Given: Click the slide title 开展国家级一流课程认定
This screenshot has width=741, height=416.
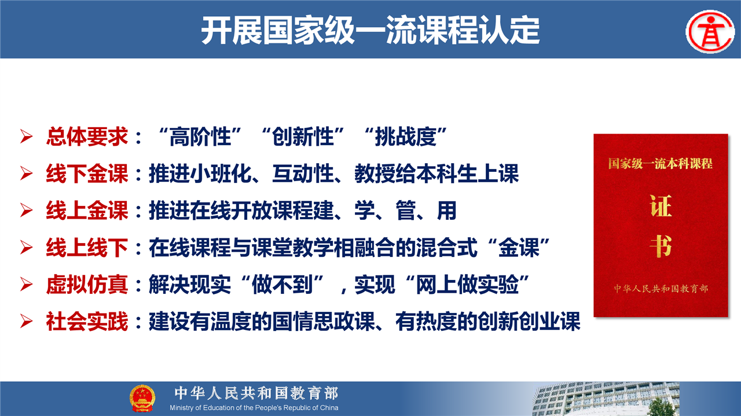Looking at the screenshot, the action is (370, 30).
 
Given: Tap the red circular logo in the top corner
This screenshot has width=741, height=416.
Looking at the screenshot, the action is (710, 32).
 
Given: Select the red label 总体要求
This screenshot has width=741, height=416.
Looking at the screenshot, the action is (87, 137).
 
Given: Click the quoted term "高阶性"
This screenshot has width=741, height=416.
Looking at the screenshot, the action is (200, 137).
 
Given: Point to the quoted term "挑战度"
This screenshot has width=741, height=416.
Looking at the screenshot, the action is (406, 137).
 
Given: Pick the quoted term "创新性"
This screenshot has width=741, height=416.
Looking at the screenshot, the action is (303, 137).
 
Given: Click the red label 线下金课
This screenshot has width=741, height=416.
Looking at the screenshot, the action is (87, 173).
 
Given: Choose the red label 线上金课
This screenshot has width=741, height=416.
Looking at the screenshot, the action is (87, 211).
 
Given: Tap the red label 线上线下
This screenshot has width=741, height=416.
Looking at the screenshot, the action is (87, 248).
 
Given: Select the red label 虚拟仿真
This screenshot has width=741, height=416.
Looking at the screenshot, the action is (87, 285).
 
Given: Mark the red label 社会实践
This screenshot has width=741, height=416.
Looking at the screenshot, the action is (87, 321).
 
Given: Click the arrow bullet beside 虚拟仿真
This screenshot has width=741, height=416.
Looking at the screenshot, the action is (26, 285).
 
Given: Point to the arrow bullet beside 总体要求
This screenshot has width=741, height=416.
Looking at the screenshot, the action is (26, 137).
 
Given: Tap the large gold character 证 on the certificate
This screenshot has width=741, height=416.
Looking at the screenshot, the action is (661, 205).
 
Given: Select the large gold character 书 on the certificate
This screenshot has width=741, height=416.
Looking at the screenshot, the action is (661, 246).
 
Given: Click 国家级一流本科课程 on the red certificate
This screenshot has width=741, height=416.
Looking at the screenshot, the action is (661, 164).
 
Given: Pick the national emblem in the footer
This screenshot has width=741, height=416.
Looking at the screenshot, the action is (142, 398).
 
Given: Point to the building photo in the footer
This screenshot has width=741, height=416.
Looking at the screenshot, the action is (606, 399).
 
